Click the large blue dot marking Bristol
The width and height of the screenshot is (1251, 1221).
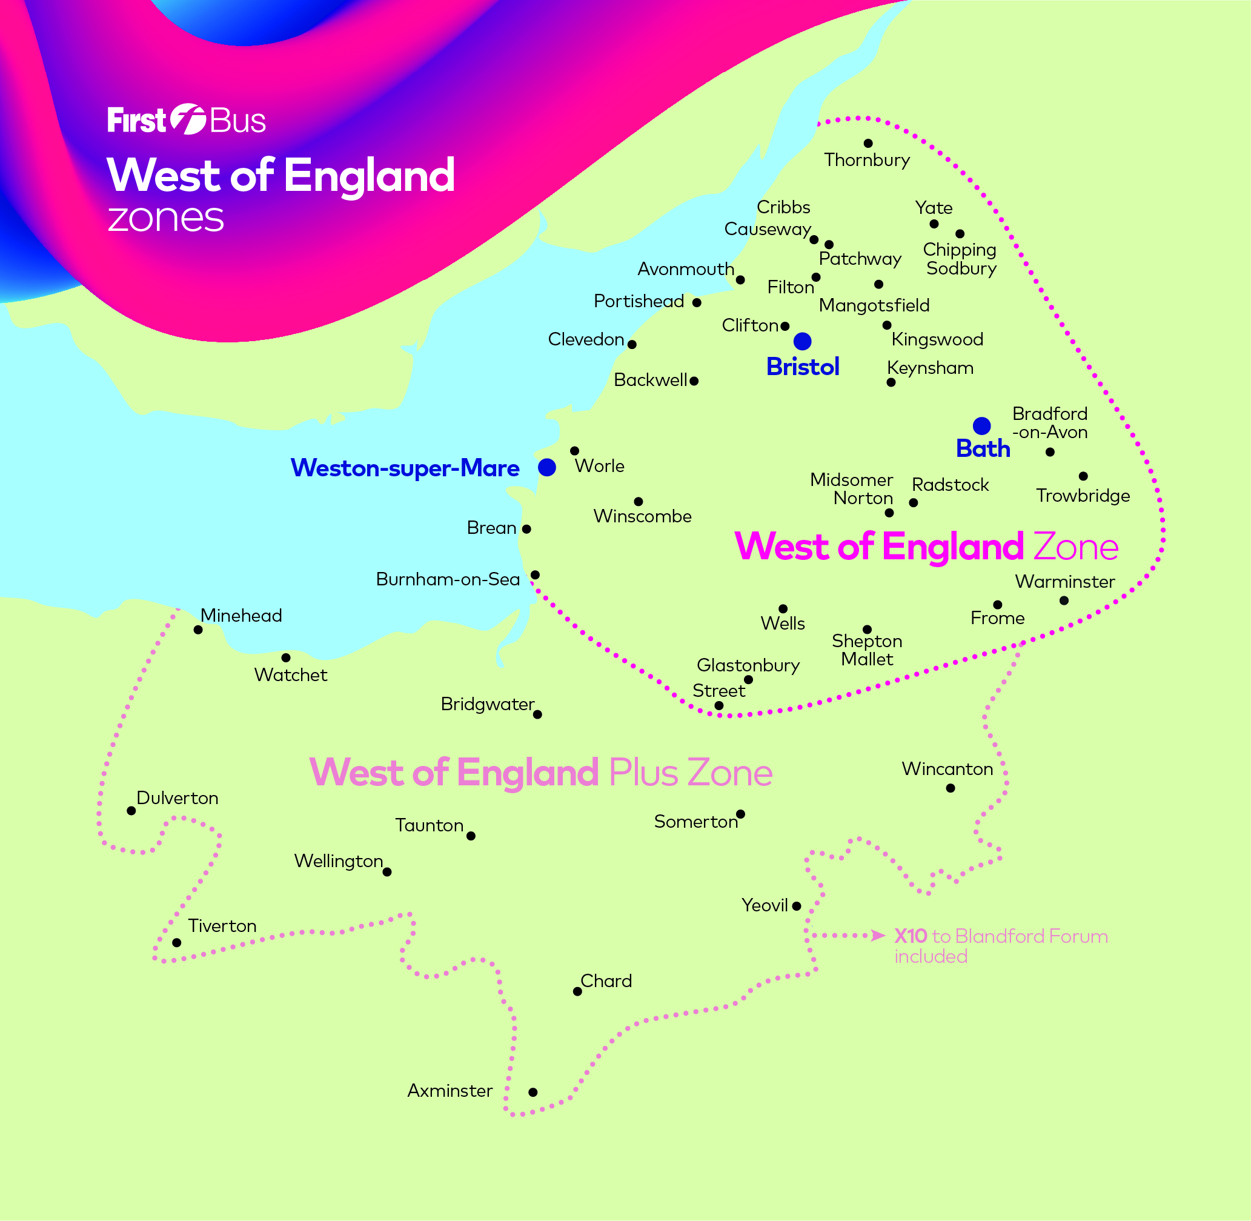point(802,341)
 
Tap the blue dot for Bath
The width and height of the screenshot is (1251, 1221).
point(981,426)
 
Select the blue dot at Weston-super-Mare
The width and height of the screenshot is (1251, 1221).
point(547,467)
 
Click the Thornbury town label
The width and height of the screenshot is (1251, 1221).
point(867,160)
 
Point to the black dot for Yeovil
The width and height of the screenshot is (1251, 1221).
point(797,906)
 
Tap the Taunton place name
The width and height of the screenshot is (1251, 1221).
point(429,825)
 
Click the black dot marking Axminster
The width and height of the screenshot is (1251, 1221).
point(533,1092)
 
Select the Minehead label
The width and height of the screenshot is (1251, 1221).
point(241,616)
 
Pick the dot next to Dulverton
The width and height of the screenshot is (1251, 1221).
point(131,811)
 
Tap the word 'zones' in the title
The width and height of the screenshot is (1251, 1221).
point(166,218)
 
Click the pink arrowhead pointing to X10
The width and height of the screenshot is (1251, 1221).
point(879,936)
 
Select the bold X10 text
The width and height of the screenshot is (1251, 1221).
point(911,936)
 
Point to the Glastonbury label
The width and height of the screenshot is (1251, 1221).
point(748,665)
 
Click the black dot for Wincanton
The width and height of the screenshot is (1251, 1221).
point(951,788)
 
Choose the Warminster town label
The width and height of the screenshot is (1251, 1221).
point(1065,582)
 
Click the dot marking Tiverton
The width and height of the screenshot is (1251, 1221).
point(177,943)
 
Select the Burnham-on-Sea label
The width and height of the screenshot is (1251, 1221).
point(448,579)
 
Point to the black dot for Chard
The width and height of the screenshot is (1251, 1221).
point(578,991)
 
